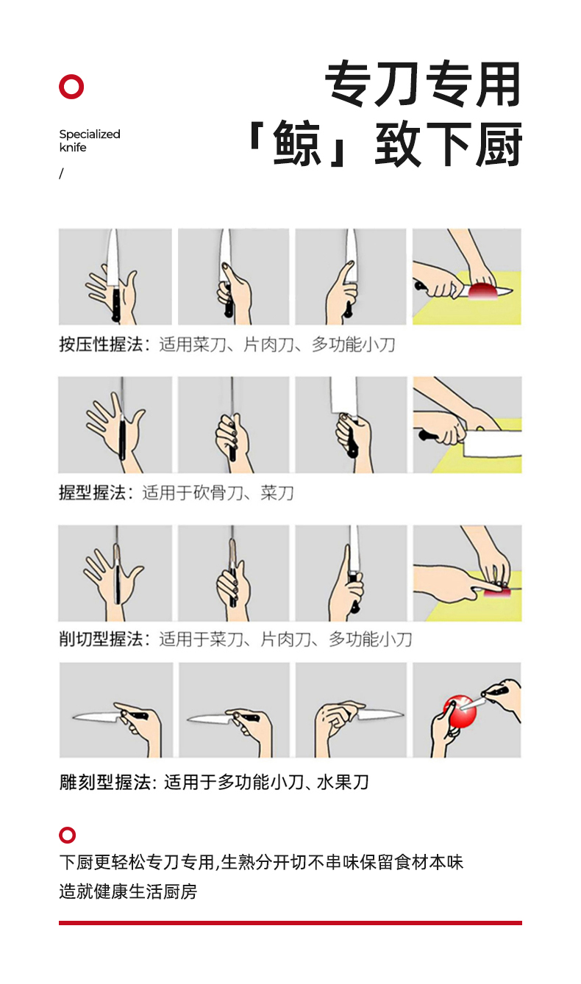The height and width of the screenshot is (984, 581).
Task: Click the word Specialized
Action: coord(90,134)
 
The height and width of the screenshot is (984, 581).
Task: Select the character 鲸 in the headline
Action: coord(296,143)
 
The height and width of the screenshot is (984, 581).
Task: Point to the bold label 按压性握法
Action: coord(101,345)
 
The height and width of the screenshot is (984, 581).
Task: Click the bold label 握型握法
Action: coord(92,492)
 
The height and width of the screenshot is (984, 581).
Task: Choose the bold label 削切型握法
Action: coord(101,639)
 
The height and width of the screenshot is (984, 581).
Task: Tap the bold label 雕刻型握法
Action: coord(105,783)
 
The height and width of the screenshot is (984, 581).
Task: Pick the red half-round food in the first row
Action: coord(482,291)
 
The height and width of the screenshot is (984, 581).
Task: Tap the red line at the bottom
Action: coord(290,923)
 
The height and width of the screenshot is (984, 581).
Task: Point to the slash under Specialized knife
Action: coord(61,173)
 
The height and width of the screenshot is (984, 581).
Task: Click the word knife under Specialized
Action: coord(73,148)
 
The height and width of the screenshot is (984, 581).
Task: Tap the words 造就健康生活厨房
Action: coord(128,891)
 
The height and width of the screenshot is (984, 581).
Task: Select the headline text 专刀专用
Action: coord(423,84)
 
